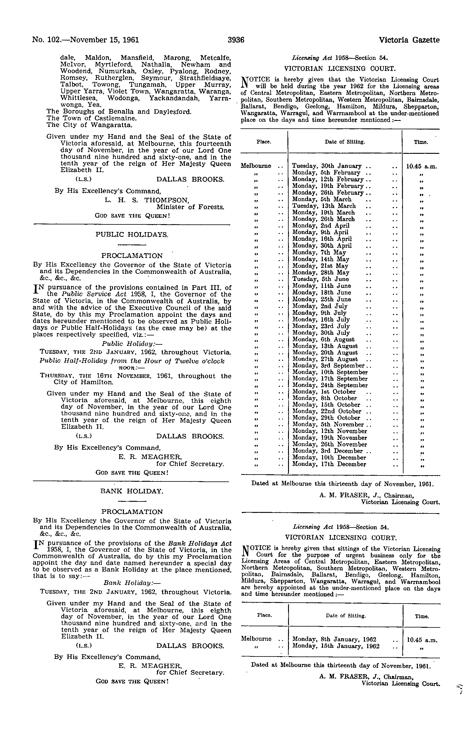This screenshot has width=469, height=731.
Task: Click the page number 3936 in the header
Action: (x=236, y=40)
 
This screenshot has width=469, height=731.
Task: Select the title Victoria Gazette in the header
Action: (x=409, y=40)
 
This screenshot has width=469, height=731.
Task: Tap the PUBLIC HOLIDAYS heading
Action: (x=132, y=235)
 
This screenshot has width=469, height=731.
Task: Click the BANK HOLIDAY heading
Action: (x=132, y=491)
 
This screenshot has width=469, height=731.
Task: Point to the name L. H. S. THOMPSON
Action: (x=146, y=200)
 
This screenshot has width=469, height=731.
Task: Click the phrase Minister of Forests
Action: (x=190, y=207)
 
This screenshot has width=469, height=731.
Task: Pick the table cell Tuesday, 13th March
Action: (x=324, y=206)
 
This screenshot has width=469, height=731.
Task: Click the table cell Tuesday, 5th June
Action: (x=320, y=279)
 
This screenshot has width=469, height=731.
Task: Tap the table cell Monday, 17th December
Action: (x=329, y=464)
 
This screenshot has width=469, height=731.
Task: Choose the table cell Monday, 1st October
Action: (x=324, y=392)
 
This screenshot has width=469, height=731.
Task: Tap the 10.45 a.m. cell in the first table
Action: (x=421, y=166)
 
